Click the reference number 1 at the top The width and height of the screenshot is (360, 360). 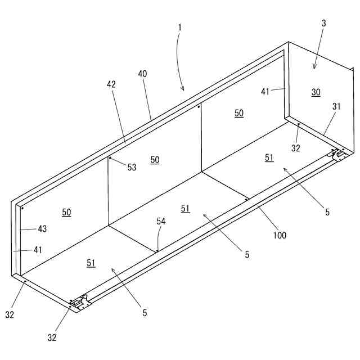click(x=179, y=26)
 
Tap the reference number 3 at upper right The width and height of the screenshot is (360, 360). click(x=323, y=24)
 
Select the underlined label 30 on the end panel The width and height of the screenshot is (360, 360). click(x=316, y=92)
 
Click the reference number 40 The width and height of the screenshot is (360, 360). click(x=142, y=74)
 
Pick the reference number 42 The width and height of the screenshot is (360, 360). click(x=111, y=84)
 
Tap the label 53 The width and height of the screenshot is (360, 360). click(x=132, y=167)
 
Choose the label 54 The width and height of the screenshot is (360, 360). click(x=161, y=222)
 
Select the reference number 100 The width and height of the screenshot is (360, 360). click(x=280, y=235)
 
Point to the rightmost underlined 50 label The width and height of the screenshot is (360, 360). click(x=239, y=113)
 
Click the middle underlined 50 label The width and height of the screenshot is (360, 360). click(x=155, y=160)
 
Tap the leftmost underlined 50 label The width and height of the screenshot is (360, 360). click(x=66, y=212)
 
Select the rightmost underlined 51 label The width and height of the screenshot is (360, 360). click(x=269, y=158)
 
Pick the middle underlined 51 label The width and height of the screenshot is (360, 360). click(x=186, y=209)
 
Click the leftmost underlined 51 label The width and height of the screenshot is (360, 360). click(x=91, y=263)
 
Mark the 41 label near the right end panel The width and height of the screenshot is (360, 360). click(x=265, y=91)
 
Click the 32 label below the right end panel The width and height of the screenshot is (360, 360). click(x=296, y=148)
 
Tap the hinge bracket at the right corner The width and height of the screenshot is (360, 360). click(x=339, y=155)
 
